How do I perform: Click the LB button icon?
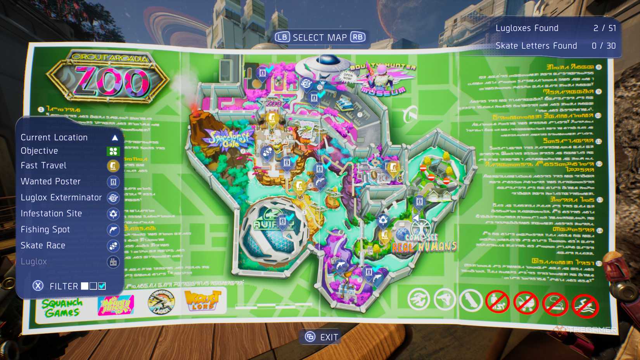point(282,37)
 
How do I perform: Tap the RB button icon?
point(358,37)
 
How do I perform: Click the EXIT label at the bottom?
point(329,337)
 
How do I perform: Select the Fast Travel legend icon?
point(113,166)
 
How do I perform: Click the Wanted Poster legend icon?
point(113,182)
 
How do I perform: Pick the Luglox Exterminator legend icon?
point(113,198)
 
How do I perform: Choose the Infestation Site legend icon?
point(113,214)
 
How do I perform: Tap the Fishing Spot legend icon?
point(113,230)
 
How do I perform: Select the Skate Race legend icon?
point(113,246)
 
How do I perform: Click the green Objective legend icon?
point(113,151)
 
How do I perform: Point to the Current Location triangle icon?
point(115,138)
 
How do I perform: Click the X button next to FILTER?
point(38,286)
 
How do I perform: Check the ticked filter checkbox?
point(102,286)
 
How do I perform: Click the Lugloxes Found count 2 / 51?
point(604,28)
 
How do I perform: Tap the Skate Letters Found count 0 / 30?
point(604,46)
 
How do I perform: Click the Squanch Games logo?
point(62,308)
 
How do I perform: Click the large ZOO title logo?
point(108,80)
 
